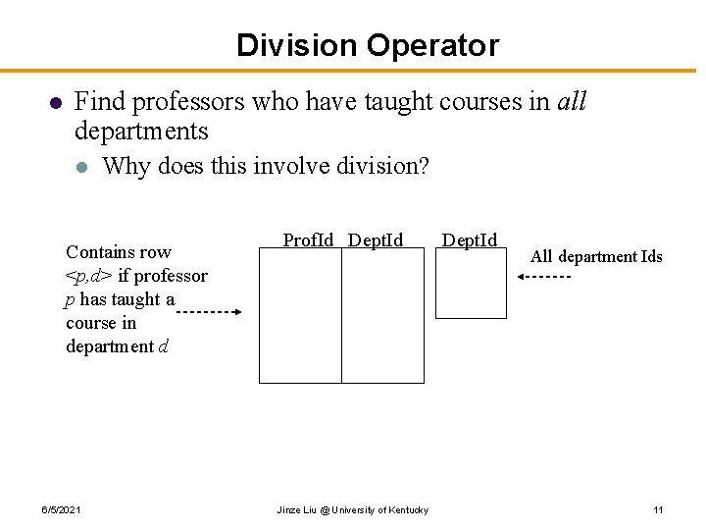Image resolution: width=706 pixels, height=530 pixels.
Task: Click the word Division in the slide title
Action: [296, 45]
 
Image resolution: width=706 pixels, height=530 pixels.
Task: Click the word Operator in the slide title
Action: [432, 45]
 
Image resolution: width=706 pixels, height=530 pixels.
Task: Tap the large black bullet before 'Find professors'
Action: [56, 102]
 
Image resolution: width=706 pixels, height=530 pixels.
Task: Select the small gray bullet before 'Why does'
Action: [83, 166]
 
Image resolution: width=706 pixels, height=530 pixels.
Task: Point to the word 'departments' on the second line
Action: [141, 131]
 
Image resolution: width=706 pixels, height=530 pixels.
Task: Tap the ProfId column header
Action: [308, 239]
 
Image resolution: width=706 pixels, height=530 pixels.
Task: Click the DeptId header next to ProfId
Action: [376, 239]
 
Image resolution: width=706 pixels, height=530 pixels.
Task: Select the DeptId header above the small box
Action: [470, 239]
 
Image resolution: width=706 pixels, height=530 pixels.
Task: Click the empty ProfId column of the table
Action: [300, 315]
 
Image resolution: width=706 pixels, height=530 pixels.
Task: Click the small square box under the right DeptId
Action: [471, 283]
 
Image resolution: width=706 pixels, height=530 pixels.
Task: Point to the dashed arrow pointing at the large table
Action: [209, 312]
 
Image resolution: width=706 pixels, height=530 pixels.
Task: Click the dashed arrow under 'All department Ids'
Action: [544, 278]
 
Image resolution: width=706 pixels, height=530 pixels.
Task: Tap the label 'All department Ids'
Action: [596, 257]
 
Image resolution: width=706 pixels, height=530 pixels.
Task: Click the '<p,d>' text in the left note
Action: [88, 276]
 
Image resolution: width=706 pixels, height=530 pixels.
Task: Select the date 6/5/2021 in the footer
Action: [61, 510]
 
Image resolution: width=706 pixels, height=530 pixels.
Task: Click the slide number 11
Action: [658, 510]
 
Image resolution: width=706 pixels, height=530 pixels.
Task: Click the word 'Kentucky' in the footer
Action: [406, 510]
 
